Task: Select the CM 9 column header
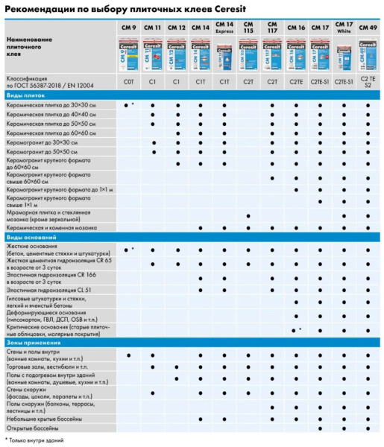pos(128,28)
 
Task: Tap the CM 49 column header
pos(366,28)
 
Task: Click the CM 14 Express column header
pos(224,29)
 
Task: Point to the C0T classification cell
pos(128,80)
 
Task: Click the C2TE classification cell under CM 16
pos(296,80)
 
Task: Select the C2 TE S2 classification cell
pos(367,80)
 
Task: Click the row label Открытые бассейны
pos(34,429)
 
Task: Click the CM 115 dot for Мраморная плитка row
pos(248,216)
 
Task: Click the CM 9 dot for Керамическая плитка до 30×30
pos(127,106)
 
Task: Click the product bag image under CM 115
pos(248,52)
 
